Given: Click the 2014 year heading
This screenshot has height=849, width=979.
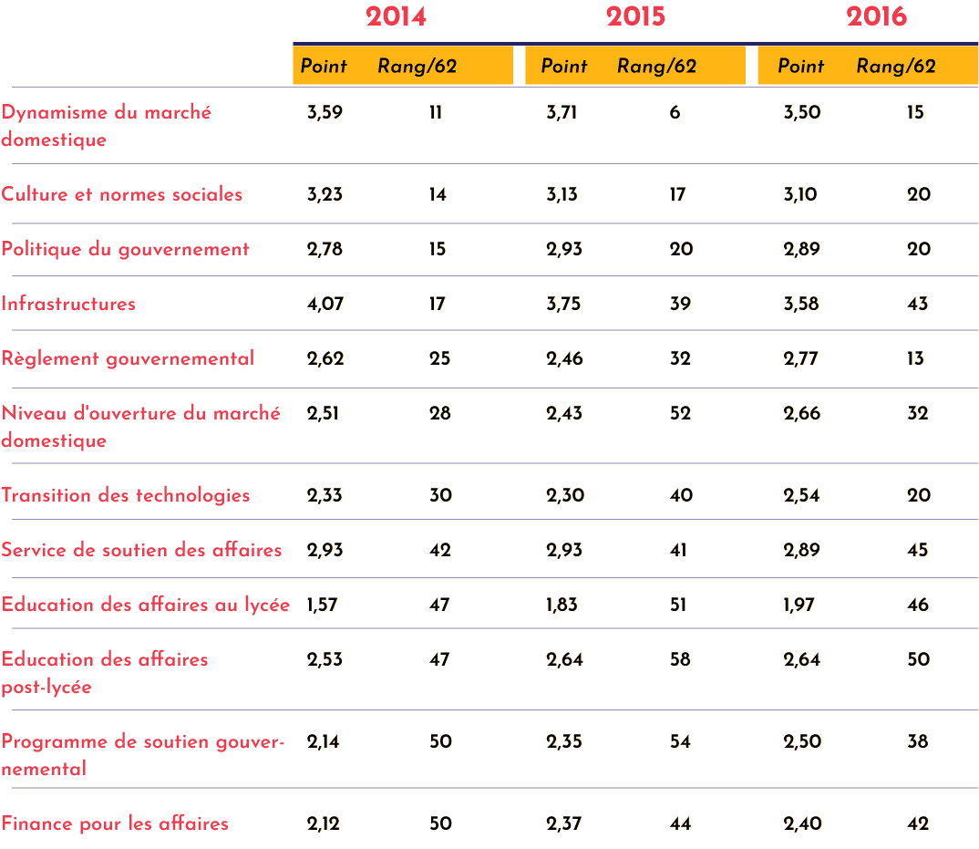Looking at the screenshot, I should (x=396, y=16).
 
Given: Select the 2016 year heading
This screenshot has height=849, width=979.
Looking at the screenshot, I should (x=876, y=16).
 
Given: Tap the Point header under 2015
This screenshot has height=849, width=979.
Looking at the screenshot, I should (x=564, y=66).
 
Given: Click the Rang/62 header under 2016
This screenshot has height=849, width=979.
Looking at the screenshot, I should (x=896, y=66).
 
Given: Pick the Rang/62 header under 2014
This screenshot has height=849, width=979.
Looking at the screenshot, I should (x=417, y=66).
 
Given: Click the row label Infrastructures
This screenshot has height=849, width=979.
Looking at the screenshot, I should (x=68, y=304).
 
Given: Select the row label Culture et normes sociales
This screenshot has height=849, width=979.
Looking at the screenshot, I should (x=122, y=194).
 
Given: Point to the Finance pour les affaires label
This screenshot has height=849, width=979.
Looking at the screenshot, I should (x=115, y=823).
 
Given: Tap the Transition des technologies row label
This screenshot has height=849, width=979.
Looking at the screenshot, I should (x=126, y=495).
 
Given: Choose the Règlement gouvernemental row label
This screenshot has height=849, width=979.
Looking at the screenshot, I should (x=128, y=358).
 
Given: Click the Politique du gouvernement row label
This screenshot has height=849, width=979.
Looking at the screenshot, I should (x=125, y=249).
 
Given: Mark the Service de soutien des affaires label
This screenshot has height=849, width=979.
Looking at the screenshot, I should (x=141, y=550).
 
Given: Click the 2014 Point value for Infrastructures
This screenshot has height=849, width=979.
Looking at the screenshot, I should (x=325, y=304).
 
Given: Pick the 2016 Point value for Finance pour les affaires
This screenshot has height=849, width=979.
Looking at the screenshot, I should (x=803, y=823).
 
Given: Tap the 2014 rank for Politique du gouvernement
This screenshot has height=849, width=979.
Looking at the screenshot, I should (x=438, y=249).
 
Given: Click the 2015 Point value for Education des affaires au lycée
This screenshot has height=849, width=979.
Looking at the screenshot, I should (x=565, y=605).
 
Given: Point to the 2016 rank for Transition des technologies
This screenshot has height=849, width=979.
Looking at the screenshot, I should (x=919, y=495).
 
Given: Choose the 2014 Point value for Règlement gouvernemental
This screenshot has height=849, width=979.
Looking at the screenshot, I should (x=325, y=358).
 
